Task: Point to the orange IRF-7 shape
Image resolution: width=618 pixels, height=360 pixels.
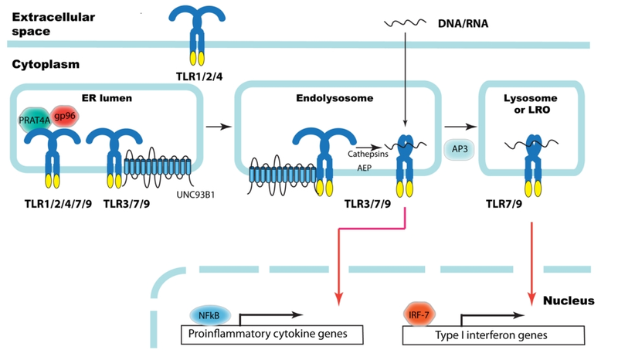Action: click(420, 314)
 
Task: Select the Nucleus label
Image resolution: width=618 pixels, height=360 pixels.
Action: click(569, 300)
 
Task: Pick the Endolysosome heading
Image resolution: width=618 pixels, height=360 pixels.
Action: click(324, 98)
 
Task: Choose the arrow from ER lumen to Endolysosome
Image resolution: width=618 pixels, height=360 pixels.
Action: click(218, 125)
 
